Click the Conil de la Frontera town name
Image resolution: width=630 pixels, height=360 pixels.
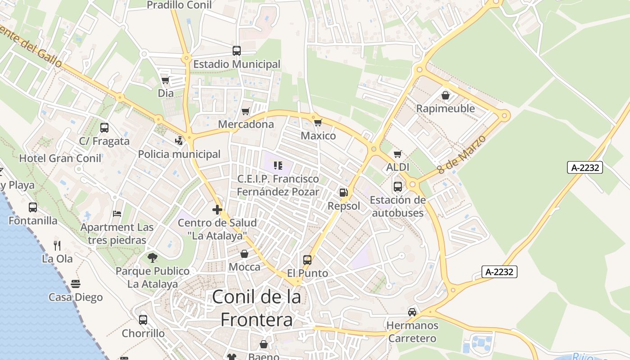click(x=256, y=308)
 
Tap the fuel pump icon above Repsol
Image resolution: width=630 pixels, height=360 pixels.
click(x=344, y=193)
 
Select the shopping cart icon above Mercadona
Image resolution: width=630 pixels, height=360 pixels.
click(x=246, y=111)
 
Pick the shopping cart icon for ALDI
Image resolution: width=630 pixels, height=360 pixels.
click(x=398, y=154)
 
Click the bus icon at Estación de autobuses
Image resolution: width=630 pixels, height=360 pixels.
click(x=398, y=186)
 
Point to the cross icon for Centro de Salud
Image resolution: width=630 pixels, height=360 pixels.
click(x=217, y=209)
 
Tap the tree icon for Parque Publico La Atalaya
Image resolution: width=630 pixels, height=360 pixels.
click(x=153, y=258)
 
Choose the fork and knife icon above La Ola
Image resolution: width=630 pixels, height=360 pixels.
click(x=57, y=245)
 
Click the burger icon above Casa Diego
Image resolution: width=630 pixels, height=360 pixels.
click(x=76, y=284)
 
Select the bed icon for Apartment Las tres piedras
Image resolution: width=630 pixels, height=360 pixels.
click(x=117, y=213)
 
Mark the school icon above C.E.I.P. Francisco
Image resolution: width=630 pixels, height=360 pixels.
click(x=278, y=166)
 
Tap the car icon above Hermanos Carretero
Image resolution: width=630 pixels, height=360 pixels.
click(x=412, y=312)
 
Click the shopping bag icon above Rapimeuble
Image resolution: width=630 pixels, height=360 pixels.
click(x=445, y=95)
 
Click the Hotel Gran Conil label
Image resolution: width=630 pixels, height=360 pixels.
click(x=60, y=158)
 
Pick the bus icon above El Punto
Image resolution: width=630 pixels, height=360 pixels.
click(x=307, y=260)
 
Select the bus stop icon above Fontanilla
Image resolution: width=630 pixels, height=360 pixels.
click(x=33, y=207)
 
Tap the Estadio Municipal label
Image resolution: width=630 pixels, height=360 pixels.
click(x=237, y=64)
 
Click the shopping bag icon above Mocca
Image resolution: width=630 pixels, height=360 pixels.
click(x=244, y=254)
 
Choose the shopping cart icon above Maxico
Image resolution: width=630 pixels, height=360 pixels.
click(x=318, y=122)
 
